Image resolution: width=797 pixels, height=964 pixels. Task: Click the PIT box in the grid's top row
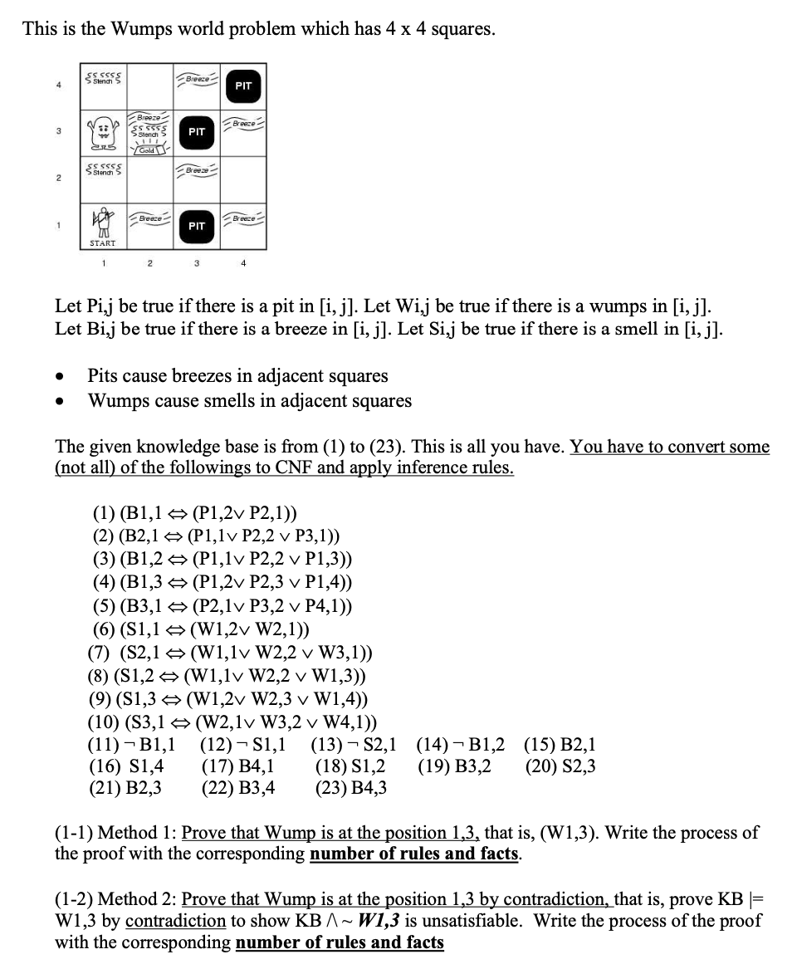242,86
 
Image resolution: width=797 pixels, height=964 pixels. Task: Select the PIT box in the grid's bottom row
196,225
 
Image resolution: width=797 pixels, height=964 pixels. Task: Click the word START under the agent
102,243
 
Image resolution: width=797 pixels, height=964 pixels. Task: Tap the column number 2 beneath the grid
149,264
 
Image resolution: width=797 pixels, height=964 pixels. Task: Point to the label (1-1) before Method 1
74,833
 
